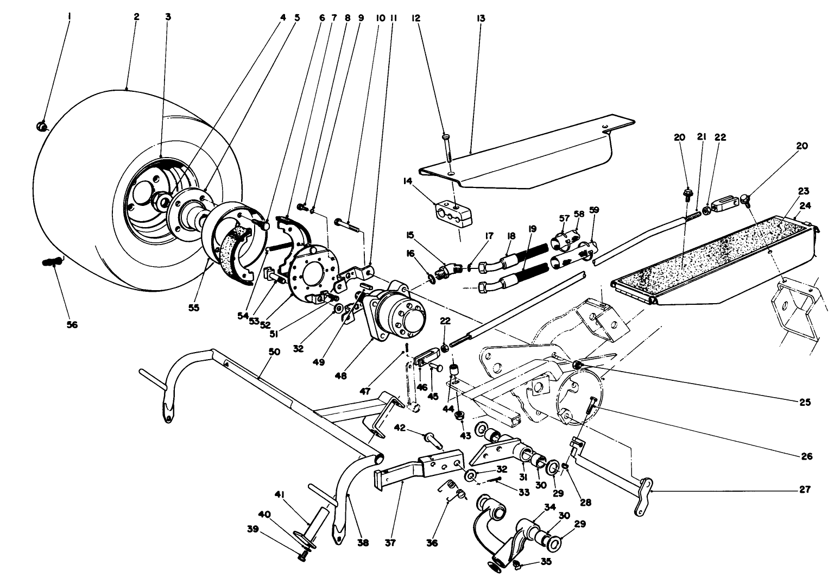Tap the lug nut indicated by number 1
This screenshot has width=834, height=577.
pos(42,127)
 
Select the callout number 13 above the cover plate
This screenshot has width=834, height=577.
pos(481,18)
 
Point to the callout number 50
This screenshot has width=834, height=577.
pos(274,352)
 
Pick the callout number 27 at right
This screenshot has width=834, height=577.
pos(804,490)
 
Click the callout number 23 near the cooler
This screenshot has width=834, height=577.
pos(804,191)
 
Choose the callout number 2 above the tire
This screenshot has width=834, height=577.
pos(136,17)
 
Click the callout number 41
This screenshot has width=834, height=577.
pos(280,494)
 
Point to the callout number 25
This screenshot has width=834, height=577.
pos(804,402)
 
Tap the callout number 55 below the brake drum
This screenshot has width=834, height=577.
pos(194,308)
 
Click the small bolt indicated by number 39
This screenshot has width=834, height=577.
pos(303,555)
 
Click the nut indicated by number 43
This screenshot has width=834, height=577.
pos(460,416)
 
